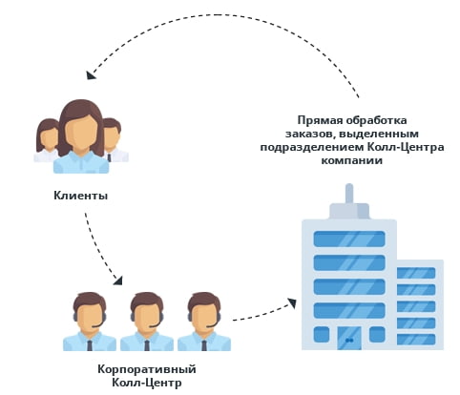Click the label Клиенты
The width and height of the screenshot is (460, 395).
[80, 196]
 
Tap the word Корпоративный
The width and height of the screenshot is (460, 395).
[147, 369]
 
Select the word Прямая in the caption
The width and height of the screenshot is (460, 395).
[320, 120]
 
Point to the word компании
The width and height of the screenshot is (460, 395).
[351, 160]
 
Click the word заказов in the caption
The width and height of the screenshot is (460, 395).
[309, 135]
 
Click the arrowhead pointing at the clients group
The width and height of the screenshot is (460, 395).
[91, 75]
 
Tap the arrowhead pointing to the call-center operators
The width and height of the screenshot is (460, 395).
[117, 280]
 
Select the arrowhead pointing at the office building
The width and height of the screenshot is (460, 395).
[292, 303]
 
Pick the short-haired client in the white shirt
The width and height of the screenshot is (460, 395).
[114, 140]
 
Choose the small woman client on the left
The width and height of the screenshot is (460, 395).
[48, 140]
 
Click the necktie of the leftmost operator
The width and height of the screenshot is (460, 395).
[90, 345]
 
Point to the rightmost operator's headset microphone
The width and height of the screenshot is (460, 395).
[211, 326]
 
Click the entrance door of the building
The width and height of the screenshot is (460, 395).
[349, 338]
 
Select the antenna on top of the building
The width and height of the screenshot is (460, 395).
[349, 194]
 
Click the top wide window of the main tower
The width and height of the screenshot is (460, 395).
[349, 239]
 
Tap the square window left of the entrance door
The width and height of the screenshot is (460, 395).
[322, 335]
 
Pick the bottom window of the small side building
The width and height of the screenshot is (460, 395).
[416, 340]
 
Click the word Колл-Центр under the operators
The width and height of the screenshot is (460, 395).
[147, 383]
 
